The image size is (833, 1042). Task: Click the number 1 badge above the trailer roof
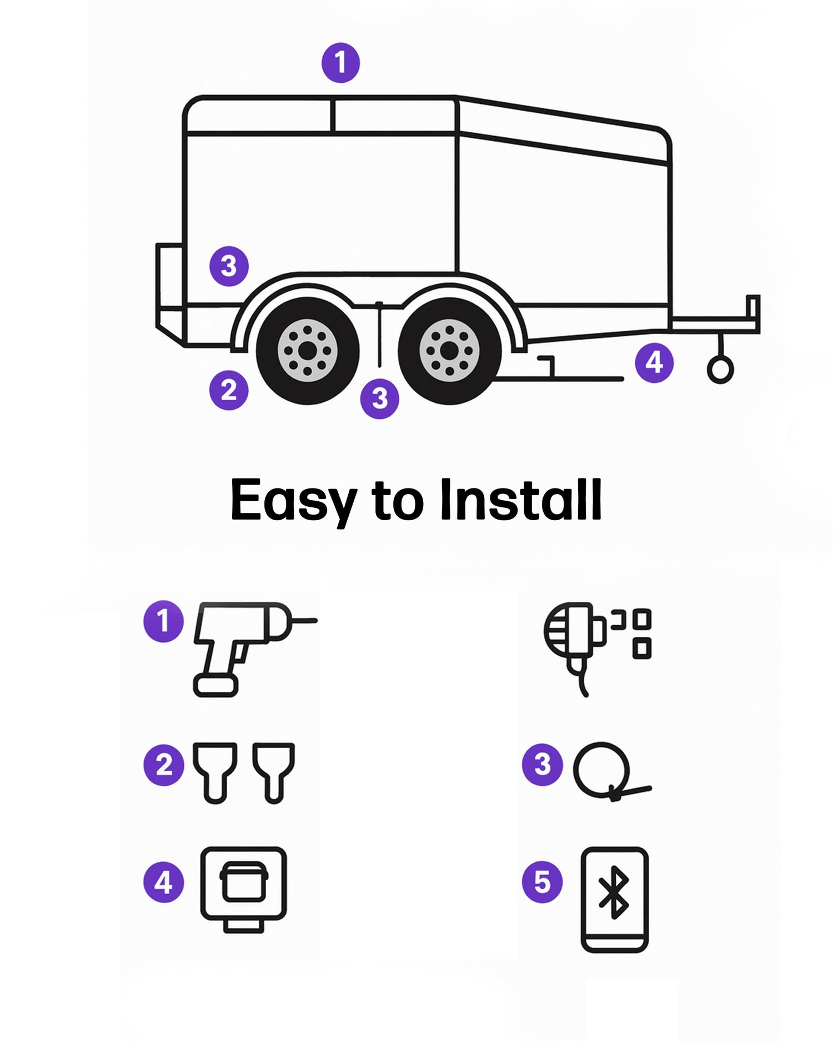tap(340, 63)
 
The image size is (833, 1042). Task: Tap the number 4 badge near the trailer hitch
tap(654, 363)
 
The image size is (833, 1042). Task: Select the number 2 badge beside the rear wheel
tap(228, 390)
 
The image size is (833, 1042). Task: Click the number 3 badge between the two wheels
tap(380, 398)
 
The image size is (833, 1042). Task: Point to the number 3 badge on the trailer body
tap(229, 266)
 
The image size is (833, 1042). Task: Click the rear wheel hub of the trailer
tap(308, 351)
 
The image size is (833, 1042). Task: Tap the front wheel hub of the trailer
tap(449, 351)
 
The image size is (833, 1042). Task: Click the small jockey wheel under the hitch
tap(720, 370)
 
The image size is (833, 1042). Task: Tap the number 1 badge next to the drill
tap(163, 621)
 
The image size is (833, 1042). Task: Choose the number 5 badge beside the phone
tap(542, 882)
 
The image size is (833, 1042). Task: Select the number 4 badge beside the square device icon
tap(163, 882)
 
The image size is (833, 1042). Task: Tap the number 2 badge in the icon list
tap(163, 765)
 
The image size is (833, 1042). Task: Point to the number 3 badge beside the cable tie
tap(542, 765)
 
